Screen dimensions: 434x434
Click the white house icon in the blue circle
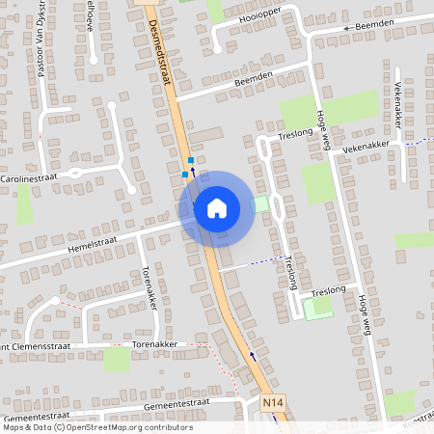(217, 207)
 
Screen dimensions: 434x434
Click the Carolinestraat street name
(29, 178)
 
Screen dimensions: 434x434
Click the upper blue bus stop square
(191, 160)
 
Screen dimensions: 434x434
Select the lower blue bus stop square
(185, 175)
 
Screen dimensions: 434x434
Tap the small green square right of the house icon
(258, 204)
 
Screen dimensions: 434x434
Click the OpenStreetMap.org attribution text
(126, 427)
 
